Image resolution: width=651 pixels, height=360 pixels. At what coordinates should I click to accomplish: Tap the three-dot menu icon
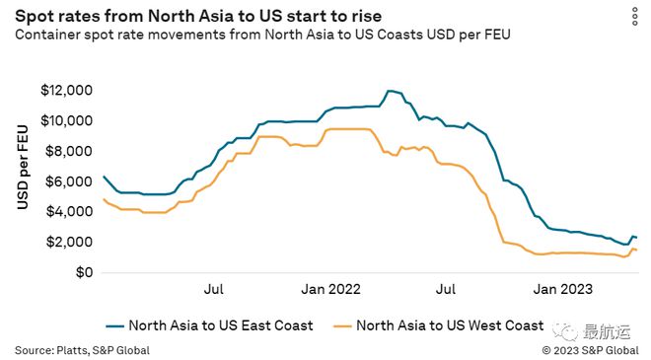pyautogui.click(x=634, y=17)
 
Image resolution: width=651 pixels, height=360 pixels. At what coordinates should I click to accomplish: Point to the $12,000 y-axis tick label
pyautogui.click(x=66, y=90)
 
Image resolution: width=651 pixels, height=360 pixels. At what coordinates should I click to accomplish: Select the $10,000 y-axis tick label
pyautogui.click(x=66, y=120)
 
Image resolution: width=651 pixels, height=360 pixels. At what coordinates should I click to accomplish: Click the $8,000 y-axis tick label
pyautogui.click(x=69, y=151)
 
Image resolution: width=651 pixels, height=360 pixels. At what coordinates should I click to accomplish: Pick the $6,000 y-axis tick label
pyautogui.click(x=69, y=181)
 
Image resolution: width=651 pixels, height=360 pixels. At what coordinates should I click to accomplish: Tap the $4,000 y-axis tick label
pyautogui.click(x=69, y=212)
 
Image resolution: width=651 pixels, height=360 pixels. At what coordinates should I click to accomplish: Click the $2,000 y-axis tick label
pyautogui.click(x=69, y=243)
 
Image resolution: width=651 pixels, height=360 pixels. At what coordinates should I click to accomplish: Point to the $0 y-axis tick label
pyautogui.click(x=82, y=272)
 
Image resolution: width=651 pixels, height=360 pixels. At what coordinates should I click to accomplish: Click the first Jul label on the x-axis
pyautogui.click(x=212, y=290)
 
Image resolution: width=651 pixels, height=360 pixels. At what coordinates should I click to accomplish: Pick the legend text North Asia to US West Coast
pyautogui.click(x=450, y=324)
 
